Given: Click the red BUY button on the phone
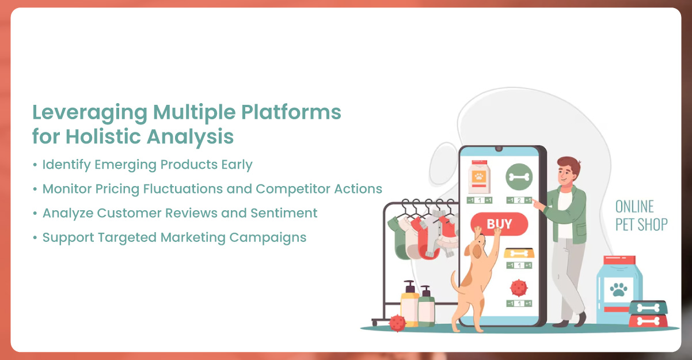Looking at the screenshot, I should (x=499, y=224).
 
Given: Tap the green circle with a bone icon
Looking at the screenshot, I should (x=519, y=177).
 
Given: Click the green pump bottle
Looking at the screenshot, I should (x=426, y=306).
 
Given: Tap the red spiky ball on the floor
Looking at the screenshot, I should (x=397, y=323).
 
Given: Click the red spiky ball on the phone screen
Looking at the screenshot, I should (x=518, y=287).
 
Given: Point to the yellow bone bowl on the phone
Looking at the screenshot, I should (x=519, y=252).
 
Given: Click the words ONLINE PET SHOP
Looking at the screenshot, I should (x=641, y=216).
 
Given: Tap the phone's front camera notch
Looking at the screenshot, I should (x=499, y=149).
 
